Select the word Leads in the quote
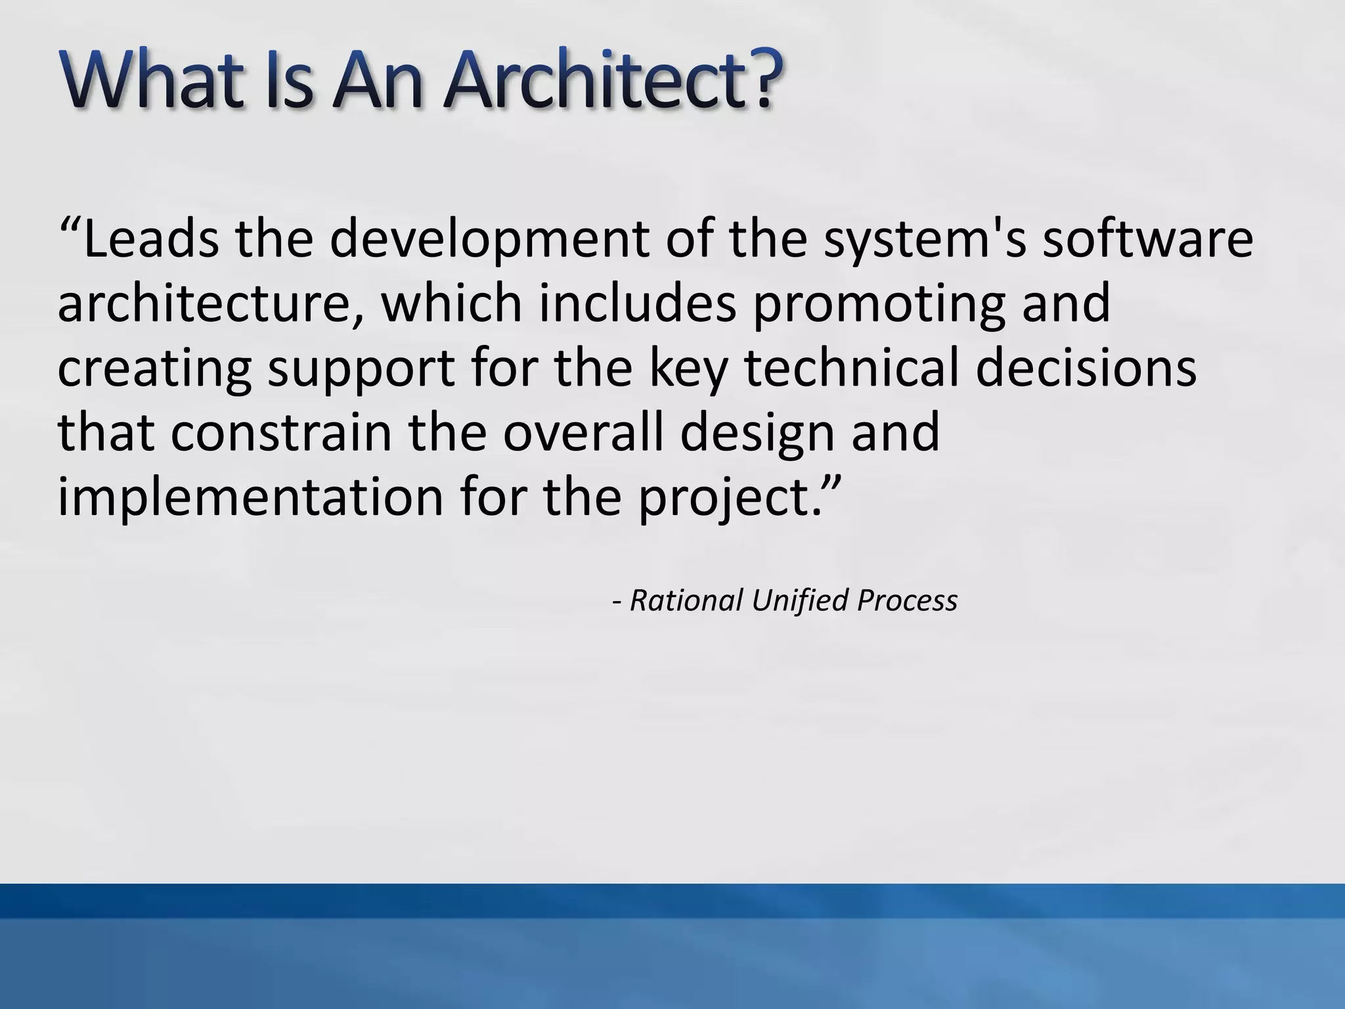click(x=151, y=239)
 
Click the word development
click(x=489, y=239)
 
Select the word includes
click(x=637, y=303)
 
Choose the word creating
click(x=154, y=367)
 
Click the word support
click(x=361, y=367)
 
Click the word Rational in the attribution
click(x=686, y=600)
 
